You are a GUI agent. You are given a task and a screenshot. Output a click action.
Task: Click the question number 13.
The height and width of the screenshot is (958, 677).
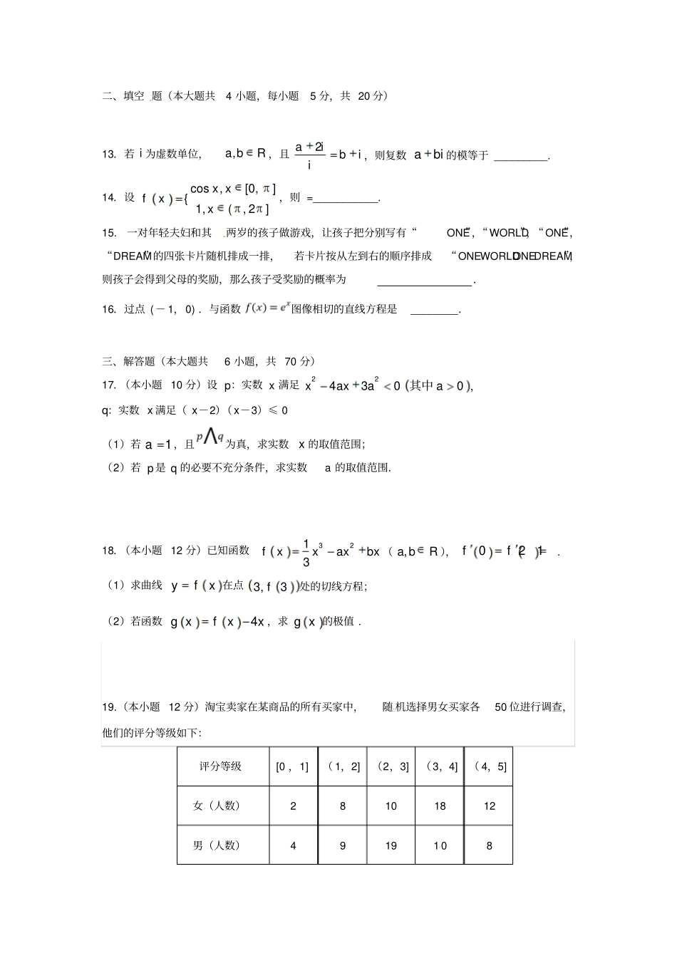[109, 155]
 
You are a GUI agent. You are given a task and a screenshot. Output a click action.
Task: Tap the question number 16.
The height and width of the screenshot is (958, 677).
[109, 309]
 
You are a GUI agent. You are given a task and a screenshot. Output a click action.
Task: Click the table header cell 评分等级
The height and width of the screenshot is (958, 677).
[221, 766]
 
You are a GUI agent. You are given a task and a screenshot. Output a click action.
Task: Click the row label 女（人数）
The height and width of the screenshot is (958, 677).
[217, 806]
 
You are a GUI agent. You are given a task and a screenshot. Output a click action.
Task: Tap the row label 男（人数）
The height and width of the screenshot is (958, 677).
[217, 845]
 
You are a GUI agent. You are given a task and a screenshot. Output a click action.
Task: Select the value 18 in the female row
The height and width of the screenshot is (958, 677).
[440, 806]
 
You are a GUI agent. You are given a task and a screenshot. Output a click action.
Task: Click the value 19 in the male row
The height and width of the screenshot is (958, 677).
[391, 846]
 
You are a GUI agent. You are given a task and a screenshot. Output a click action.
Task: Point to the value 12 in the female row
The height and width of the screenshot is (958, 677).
[489, 806]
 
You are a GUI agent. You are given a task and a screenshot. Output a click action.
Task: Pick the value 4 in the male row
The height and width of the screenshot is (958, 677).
[293, 846]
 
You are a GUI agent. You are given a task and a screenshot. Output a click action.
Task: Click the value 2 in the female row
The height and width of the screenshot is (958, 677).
[293, 806]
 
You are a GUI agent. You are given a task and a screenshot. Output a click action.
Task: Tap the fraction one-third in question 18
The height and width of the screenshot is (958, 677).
[306, 552]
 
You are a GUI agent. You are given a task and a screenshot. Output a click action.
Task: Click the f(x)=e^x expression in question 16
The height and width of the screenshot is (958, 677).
[267, 308]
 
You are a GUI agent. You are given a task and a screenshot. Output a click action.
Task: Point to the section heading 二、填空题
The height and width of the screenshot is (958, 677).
[133, 96]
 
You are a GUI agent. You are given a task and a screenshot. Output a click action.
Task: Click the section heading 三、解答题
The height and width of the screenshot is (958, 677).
[133, 362]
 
